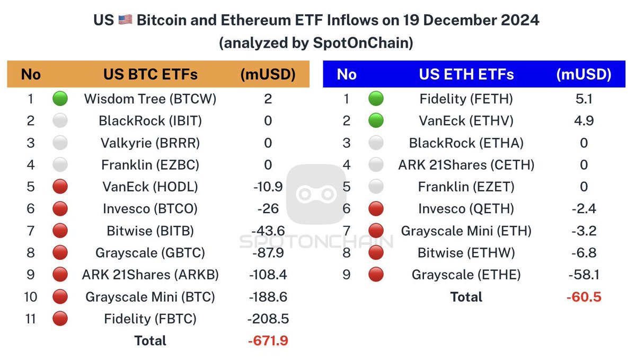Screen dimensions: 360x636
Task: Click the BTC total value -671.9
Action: coord(268,340)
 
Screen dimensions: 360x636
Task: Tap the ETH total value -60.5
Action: coord(584,296)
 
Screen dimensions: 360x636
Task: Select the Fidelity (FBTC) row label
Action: coord(150,319)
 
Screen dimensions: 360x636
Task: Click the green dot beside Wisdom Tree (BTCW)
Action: coord(60,99)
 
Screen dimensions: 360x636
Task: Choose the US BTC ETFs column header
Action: coord(150,74)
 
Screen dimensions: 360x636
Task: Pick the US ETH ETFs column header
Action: coord(466,74)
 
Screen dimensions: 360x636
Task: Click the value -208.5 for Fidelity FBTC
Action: coord(268,319)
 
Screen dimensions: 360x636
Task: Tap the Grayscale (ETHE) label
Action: coord(466,275)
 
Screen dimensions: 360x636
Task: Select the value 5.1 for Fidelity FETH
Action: coord(584,99)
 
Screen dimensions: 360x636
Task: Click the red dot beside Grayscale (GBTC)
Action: coord(60,252)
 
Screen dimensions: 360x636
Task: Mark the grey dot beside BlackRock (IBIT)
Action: coord(60,121)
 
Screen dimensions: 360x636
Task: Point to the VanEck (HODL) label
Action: coord(150,187)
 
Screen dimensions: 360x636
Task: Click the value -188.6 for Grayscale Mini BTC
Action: coord(268,296)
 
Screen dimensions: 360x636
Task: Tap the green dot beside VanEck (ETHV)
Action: coord(376,121)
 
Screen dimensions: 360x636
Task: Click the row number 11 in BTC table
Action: coord(31,319)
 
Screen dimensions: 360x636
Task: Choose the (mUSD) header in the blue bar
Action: coord(584,74)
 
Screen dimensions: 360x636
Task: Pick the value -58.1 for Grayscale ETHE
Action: coord(584,275)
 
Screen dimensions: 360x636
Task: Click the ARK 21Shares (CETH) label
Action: coord(466,165)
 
